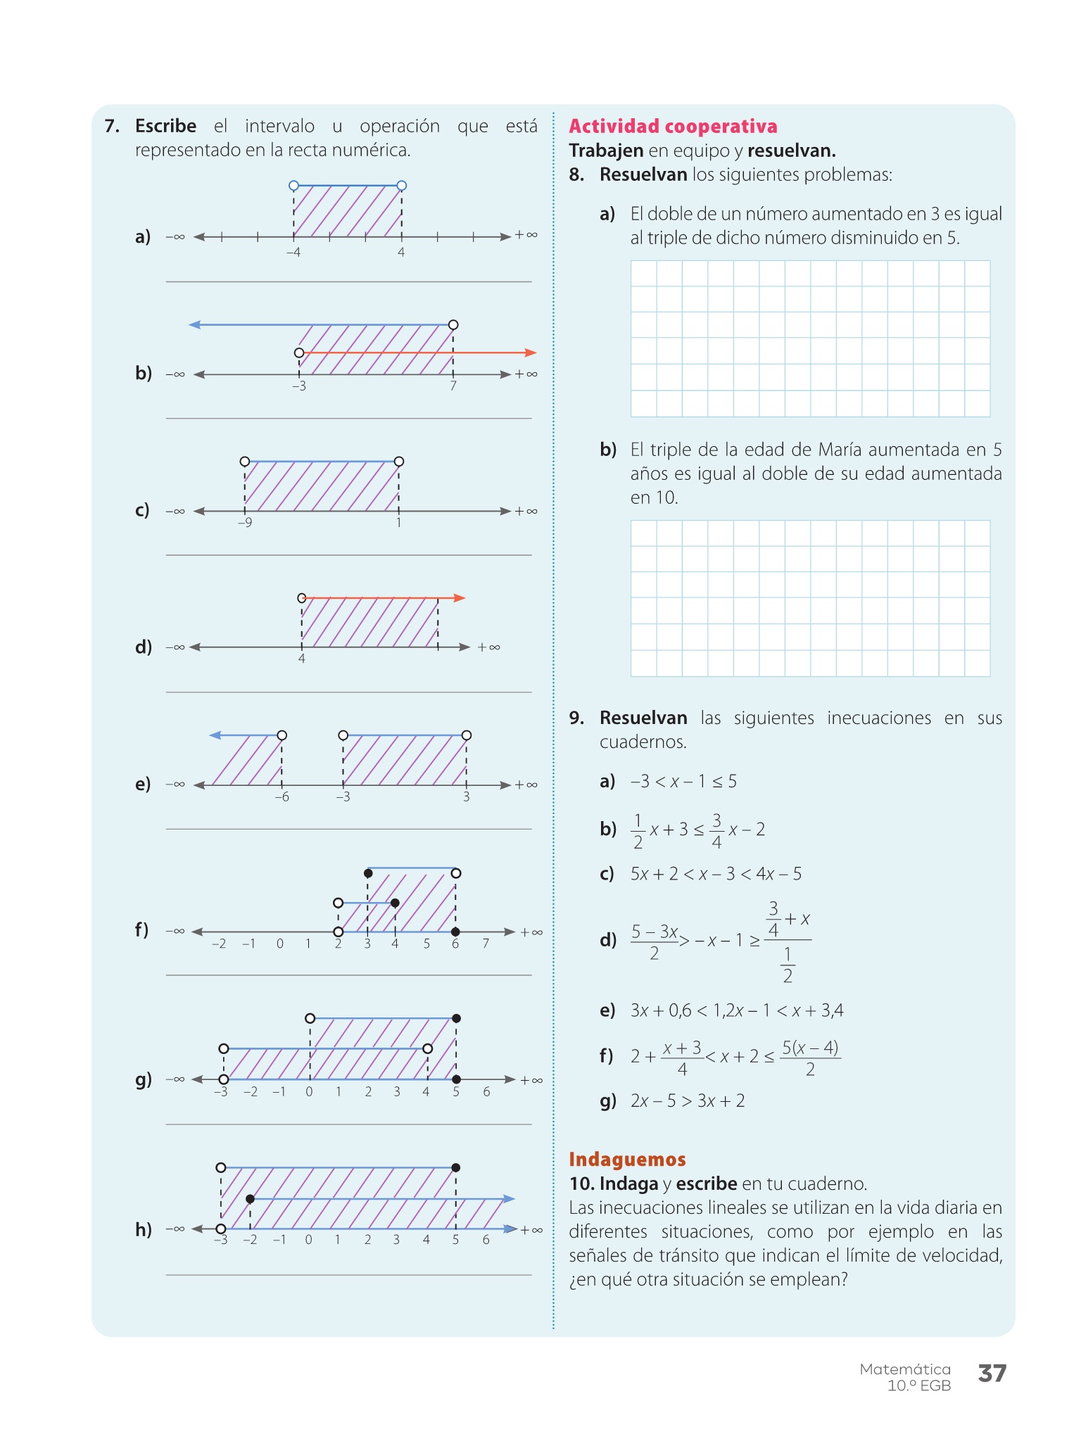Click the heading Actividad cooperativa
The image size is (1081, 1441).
tap(673, 127)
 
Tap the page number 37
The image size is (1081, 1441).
tap(992, 1373)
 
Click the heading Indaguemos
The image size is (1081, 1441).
tap(627, 1159)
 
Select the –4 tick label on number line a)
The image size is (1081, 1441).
tap(293, 252)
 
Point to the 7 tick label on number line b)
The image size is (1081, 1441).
tap(453, 386)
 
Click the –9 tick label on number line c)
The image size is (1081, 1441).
tap(244, 523)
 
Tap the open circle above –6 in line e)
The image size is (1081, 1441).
tap(282, 735)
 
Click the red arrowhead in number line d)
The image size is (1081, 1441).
tap(460, 598)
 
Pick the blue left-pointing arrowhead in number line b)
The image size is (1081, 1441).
tap(195, 324)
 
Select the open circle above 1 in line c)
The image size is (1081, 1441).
tap(399, 462)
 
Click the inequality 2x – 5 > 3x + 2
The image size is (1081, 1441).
tap(688, 1100)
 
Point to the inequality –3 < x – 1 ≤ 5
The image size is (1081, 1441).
tap(683, 781)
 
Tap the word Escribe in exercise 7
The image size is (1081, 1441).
tap(165, 126)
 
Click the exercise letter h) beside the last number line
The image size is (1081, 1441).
tap(143, 1229)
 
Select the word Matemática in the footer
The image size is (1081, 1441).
tap(904, 1369)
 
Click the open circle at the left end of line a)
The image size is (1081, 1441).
tap(293, 186)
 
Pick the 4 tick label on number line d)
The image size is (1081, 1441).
tap(302, 659)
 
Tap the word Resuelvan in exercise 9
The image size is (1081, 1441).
tap(643, 718)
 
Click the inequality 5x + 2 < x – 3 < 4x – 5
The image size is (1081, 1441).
tap(716, 874)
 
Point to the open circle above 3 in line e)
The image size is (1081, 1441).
tap(467, 735)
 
